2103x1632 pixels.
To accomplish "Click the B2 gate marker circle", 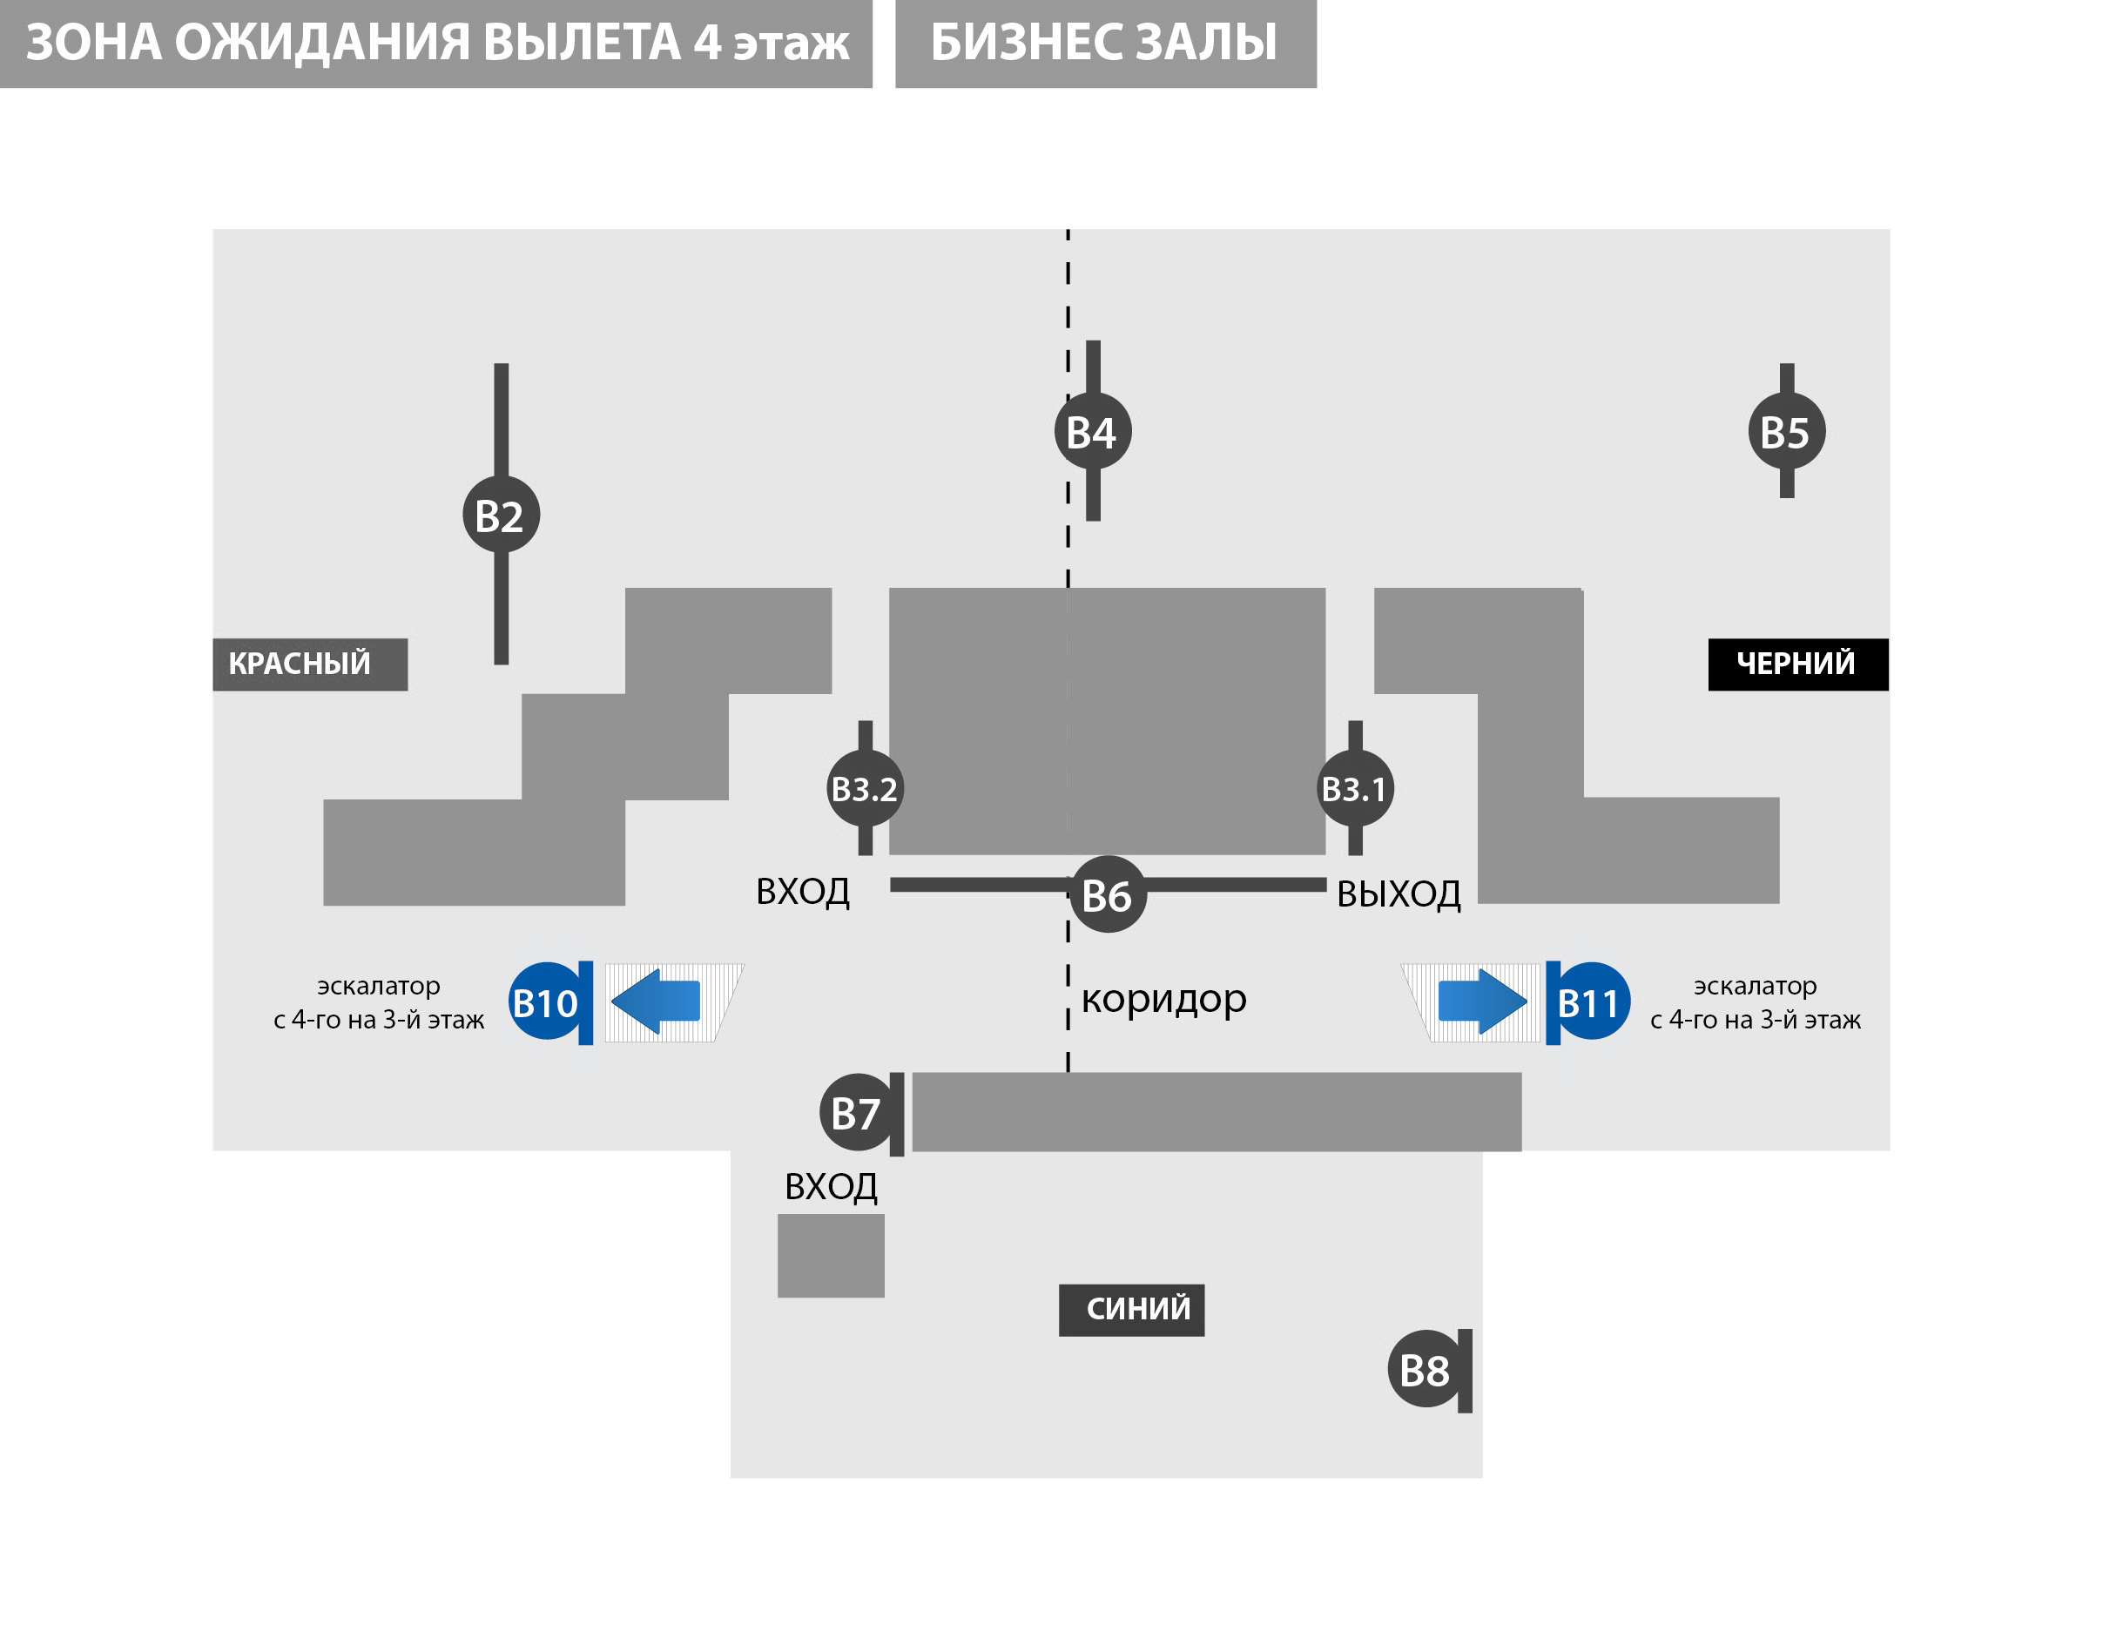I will pyautogui.click(x=501, y=514).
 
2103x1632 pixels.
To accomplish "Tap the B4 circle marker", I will pyautogui.click(x=1092, y=431).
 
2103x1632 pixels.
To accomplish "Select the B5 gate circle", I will pyautogui.click(x=1786, y=431).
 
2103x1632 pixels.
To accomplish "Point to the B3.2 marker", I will pyautogui.click(x=865, y=788).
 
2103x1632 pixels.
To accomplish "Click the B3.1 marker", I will pyautogui.click(x=1355, y=788).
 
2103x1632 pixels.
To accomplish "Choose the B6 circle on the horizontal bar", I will pyautogui.click(x=1108, y=894).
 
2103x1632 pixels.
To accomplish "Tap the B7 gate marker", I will pyautogui.click(x=856, y=1113).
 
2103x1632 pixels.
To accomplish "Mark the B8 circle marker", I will pyautogui.click(x=1426, y=1369).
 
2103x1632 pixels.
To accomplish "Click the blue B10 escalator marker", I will pyautogui.click(x=546, y=1002).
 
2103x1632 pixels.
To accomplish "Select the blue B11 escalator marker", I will pyautogui.click(x=1591, y=1002).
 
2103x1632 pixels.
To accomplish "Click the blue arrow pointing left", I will pyautogui.click(x=656, y=1001).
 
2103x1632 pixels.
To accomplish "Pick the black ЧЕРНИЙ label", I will pyautogui.click(x=1796, y=664).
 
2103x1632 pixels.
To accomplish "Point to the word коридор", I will pyautogui.click(x=1163, y=999).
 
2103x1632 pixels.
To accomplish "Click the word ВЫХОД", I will pyautogui.click(x=1399, y=894).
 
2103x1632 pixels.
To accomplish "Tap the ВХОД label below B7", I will pyautogui.click(x=830, y=1186).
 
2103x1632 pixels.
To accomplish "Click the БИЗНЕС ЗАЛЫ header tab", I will pyautogui.click(x=1104, y=44).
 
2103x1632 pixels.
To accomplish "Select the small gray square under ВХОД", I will pyautogui.click(x=830, y=1256).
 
